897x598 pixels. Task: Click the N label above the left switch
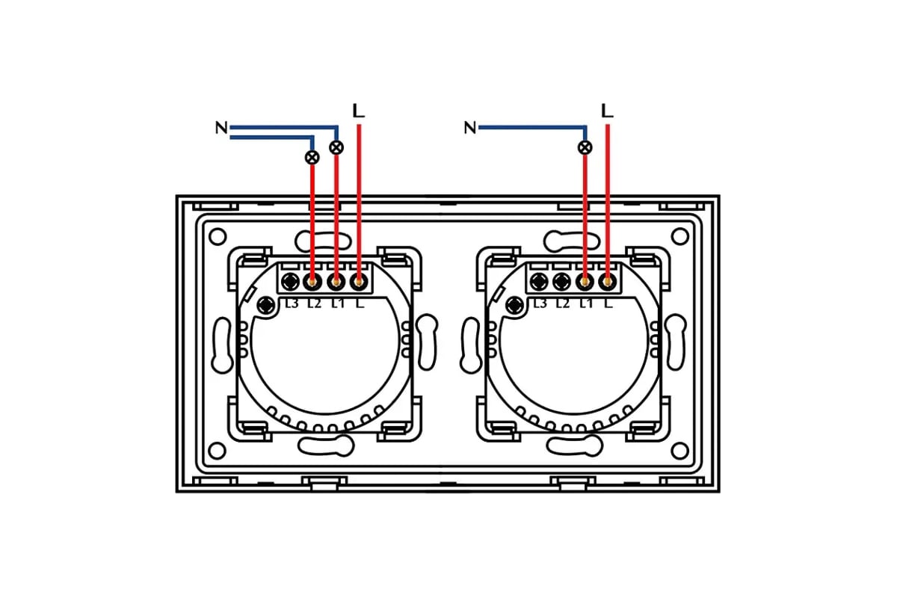click(221, 128)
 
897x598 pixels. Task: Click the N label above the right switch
click(470, 128)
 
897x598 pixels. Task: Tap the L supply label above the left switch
click(358, 111)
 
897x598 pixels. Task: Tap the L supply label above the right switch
click(608, 111)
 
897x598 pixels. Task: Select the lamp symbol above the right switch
click(585, 147)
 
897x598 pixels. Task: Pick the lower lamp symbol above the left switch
click(312, 158)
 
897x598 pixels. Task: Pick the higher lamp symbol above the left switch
click(336, 147)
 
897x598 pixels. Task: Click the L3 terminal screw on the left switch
click(290, 282)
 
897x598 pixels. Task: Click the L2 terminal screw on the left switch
click(312, 282)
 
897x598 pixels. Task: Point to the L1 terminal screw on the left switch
click(336, 282)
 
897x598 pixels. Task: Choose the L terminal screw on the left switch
click(359, 282)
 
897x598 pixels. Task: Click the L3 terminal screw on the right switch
click(539, 282)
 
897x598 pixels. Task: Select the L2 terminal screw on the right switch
click(562, 282)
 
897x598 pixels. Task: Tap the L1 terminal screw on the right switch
click(585, 282)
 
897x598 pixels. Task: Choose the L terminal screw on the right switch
click(608, 282)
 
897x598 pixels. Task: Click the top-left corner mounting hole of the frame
click(218, 237)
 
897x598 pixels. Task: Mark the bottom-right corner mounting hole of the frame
click(679, 451)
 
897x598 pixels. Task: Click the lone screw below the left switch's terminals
click(265, 306)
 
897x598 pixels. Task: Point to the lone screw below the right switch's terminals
click(514, 306)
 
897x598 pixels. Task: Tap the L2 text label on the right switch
click(563, 303)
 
